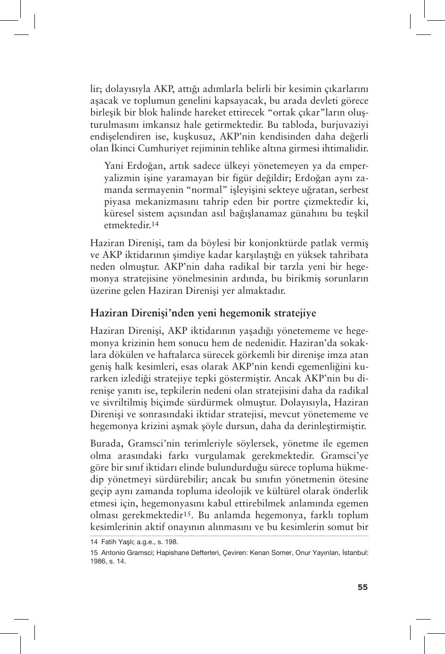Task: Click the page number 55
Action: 362,587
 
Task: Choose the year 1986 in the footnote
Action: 97,562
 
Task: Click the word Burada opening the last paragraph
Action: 106,443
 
